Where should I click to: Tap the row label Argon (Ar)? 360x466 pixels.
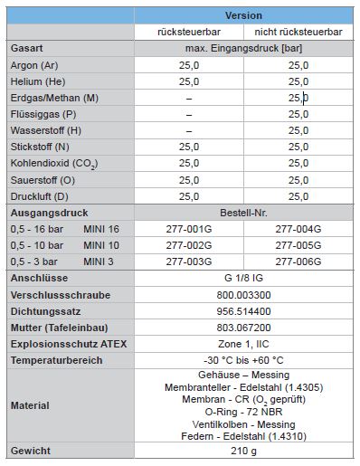[34, 65]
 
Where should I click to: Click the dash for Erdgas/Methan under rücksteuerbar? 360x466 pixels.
[189, 98]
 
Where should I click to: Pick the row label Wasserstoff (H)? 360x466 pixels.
[43, 130]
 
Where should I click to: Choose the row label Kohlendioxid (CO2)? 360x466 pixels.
[54, 164]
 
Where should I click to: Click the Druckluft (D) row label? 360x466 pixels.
[39, 195]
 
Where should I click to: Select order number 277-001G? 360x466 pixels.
[189, 229]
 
